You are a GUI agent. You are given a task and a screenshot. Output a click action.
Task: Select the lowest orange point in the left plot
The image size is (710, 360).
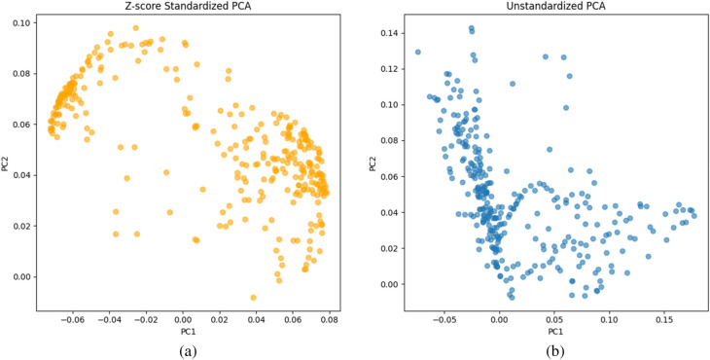click(254, 298)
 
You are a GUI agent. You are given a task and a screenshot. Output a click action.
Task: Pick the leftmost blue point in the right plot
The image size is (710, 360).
click(417, 53)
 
